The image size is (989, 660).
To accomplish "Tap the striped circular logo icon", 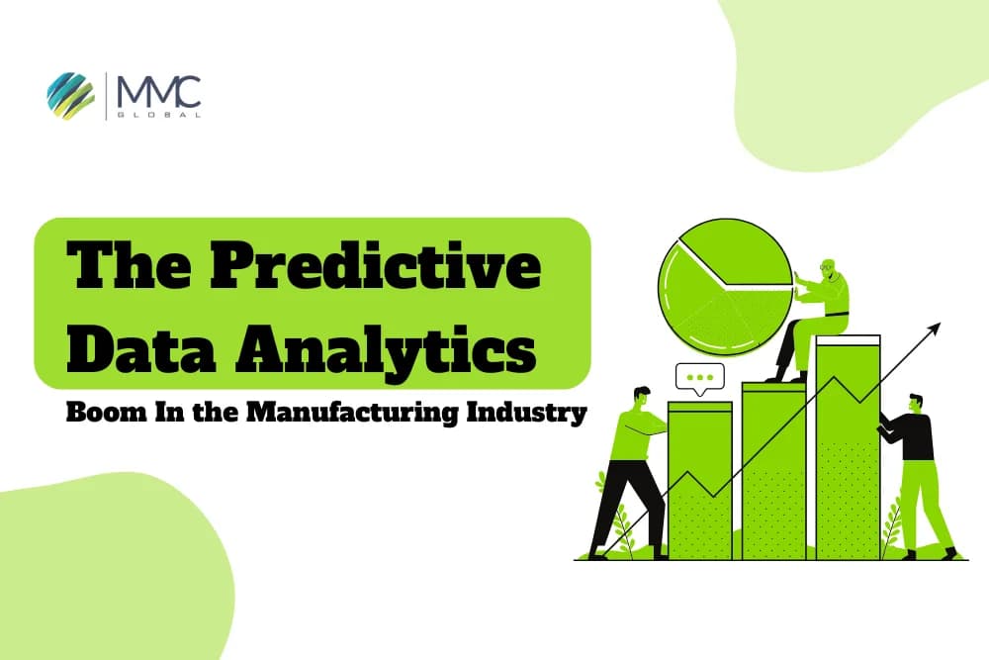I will click(70, 94).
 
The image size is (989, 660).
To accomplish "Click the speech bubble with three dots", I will click(699, 378).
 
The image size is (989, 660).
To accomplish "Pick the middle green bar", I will click(773, 470).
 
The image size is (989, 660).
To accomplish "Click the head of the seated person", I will click(829, 269).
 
